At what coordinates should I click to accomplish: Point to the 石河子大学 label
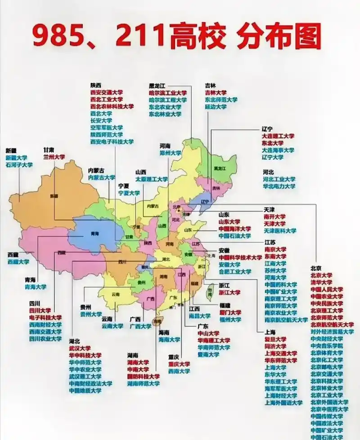pos(19,165)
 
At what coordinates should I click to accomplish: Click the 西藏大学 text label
pos(18,262)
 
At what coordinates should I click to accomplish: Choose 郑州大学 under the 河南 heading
pos(171,153)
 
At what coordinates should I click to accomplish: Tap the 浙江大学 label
pos(229,292)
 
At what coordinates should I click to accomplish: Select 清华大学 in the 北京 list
pos(321,282)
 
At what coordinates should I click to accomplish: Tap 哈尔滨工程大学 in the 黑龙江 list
pos(168,100)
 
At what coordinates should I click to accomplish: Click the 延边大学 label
pos(216,107)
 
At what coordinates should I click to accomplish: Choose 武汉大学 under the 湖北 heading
pos(80,348)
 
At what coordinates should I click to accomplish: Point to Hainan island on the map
pos(157,321)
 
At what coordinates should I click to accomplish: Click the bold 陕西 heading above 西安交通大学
pos(95,85)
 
